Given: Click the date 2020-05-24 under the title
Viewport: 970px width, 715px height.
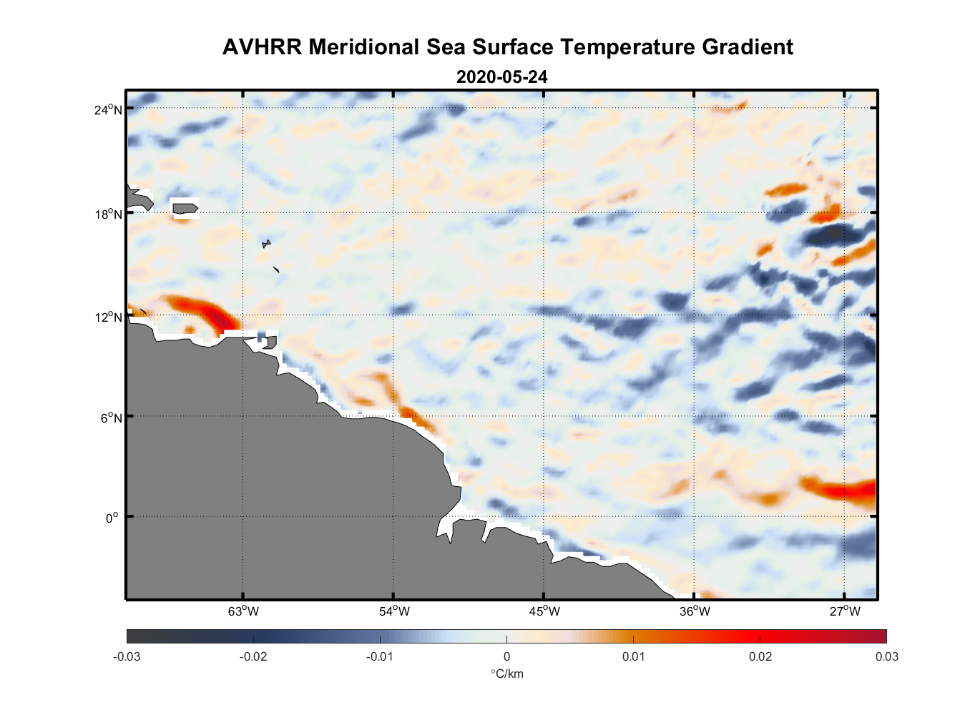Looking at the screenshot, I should (501, 77).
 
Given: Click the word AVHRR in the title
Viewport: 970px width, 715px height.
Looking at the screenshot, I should (262, 47).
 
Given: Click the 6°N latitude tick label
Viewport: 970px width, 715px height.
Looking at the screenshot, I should (111, 418).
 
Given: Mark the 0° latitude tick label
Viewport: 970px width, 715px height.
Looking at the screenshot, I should (112, 518).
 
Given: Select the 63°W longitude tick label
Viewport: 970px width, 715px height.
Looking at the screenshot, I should (243, 611).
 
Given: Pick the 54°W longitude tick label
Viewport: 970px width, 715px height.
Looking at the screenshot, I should (393, 611).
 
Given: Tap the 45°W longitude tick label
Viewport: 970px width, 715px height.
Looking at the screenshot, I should (544, 611).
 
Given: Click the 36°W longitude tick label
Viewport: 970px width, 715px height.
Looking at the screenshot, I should (695, 611).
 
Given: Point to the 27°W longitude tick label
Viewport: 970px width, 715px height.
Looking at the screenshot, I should (845, 611).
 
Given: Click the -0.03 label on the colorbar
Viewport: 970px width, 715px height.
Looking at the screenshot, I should (127, 656).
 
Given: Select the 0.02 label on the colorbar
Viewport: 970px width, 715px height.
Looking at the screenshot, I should (760, 656).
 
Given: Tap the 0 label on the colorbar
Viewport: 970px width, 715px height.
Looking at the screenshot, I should (506, 656).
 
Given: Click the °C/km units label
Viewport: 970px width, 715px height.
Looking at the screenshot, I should (506, 674).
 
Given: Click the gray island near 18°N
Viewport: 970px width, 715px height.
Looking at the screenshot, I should (185, 208).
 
